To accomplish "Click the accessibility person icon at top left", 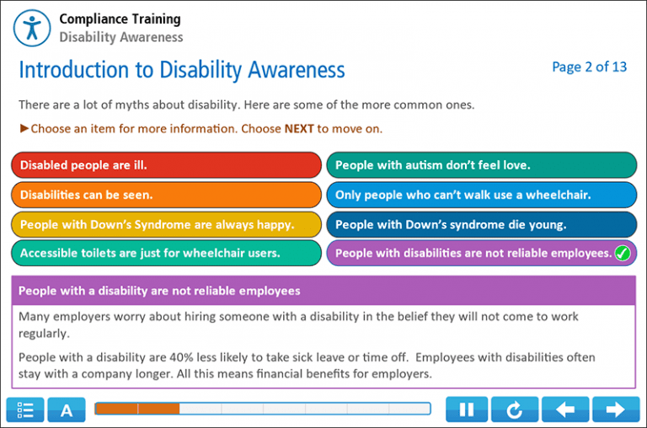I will pos(32,27).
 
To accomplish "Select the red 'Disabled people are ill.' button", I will pos(166,165).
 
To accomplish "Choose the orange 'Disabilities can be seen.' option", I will pos(166,195).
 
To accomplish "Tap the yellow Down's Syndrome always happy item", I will pos(166,224).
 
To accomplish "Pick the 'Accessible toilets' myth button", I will pos(166,253).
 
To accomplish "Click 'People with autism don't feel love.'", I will pos(481,165).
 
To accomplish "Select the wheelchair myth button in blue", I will pos(481,195).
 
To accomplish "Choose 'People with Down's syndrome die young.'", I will pos(481,224).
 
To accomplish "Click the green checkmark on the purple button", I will pos(623,253).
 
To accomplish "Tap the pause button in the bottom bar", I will pos(466,409).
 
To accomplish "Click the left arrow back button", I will pos(566,409).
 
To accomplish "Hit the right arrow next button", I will pos(616,409).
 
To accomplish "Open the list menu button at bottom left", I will pos(25,410).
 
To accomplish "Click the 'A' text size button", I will pos(67,410).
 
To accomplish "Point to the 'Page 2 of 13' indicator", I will pos(589,67).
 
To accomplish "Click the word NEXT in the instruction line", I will pos(299,129).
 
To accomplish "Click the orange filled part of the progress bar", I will pos(137,409).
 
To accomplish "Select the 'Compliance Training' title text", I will pos(120,19).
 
